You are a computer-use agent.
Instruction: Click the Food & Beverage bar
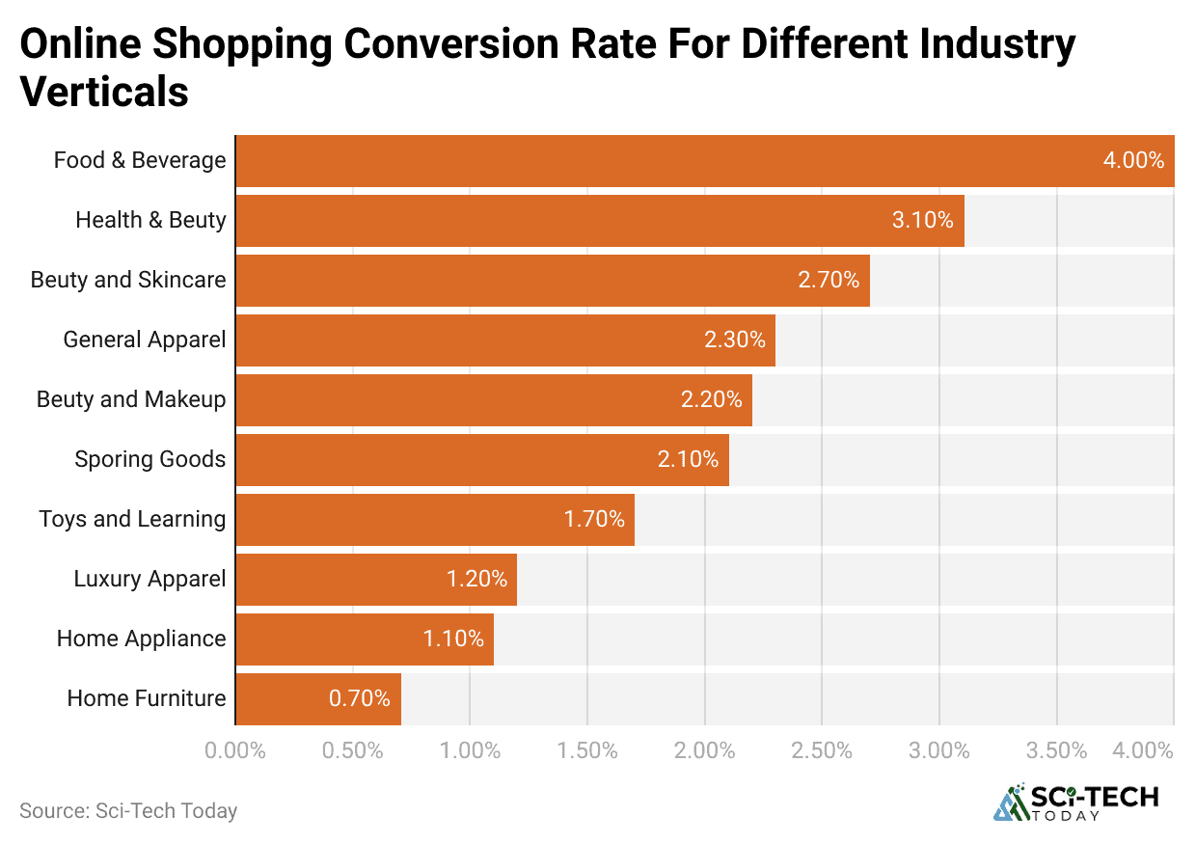click(x=704, y=161)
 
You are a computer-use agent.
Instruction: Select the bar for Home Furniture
click(x=318, y=698)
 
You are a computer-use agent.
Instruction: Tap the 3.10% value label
click(x=922, y=220)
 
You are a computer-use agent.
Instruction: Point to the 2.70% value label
click(x=828, y=280)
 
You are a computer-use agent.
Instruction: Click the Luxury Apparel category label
click(x=149, y=579)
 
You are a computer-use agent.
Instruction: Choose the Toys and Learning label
click(x=132, y=519)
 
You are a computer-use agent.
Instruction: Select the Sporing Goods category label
click(x=149, y=459)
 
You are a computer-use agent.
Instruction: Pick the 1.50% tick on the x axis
click(x=586, y=750)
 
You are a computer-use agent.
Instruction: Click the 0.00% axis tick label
click(x=235, y=750)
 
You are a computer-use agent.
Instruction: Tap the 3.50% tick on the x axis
click(x=1056, y=750)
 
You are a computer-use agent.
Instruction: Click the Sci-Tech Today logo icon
click(x=1010, y=802)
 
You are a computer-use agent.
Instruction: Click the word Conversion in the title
click(x=506, y=45)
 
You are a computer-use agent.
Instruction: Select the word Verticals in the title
click(x=103, y=92)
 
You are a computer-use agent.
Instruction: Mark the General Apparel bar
click(x=505, y=340)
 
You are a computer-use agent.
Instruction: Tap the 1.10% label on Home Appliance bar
click(x=453, y=639)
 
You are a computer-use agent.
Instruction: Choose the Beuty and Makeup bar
click(x=494, y=399)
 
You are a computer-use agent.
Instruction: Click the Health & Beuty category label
click(x=150, y=220)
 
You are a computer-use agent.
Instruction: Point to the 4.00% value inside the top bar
click(x=1133, y=161)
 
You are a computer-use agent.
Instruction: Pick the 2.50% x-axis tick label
click(x=821, y=750)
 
